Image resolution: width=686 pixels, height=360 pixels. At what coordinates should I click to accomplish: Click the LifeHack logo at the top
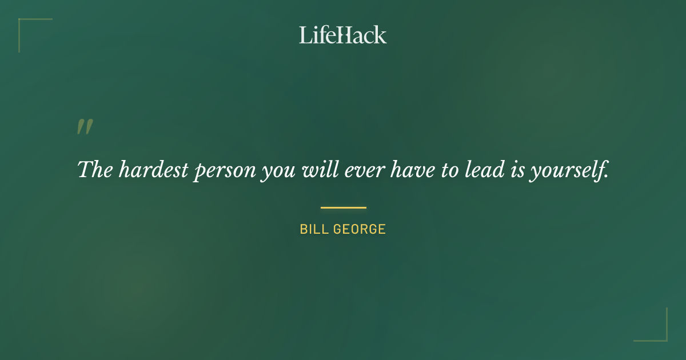[343, 35]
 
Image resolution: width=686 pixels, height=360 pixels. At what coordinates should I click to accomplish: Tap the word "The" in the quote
[94, 169]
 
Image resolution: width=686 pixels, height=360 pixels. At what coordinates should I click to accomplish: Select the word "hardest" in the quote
[152, 169]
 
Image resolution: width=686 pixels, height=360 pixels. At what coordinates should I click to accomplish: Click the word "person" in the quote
[224, 170]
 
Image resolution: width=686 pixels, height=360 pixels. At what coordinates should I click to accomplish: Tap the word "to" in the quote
[449, 170]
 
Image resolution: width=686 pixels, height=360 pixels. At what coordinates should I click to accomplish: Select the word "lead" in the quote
[485, 169]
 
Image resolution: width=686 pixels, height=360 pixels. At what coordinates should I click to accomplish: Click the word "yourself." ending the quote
[569, 170]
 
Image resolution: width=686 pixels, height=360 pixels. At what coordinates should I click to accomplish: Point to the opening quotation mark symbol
[85, 127]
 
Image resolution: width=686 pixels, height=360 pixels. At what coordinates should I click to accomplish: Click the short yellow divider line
[343, 207]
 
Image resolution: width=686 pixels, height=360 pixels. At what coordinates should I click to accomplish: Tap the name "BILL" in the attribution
[313, 230]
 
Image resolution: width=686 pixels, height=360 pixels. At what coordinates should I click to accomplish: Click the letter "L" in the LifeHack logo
[305, 35]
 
